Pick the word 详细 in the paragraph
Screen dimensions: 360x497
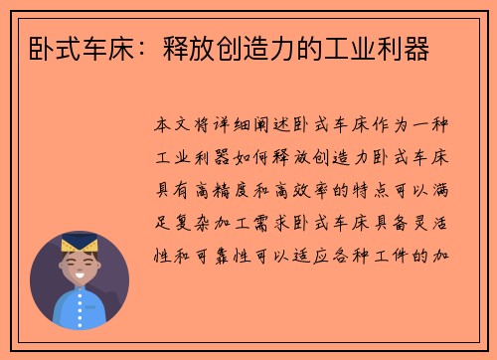pyautogui.click(x=230, y=127)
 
